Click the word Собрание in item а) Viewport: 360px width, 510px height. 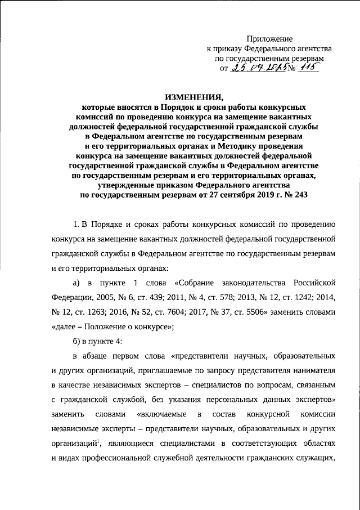click(x=202, y=281)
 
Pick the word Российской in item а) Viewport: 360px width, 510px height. click(x=316, y=281)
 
